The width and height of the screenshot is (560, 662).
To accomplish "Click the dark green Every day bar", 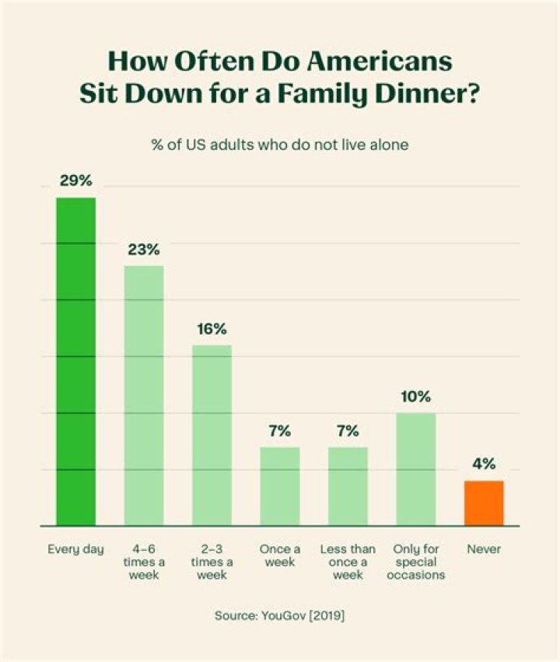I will click(75, 362).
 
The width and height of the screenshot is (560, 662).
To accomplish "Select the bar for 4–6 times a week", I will click(144, 395).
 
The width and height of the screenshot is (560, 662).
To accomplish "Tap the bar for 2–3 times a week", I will click(212, 435).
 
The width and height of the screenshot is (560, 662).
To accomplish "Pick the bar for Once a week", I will click(280, 486).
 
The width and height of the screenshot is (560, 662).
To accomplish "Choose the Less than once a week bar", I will click(348, 486).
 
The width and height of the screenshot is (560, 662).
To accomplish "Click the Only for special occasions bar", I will click(416, 469).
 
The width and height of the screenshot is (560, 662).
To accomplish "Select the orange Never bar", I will click(484, 503).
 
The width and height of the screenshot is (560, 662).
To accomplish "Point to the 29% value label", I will click(75, 181).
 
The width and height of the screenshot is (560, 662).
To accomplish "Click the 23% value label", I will click(144, 250).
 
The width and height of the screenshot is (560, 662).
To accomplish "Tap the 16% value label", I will click(212, 328).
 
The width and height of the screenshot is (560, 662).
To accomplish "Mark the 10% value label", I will click(416, 397).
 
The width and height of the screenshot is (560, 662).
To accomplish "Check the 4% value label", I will click(484, 464).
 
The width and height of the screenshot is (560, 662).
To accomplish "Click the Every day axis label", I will click(75, 550).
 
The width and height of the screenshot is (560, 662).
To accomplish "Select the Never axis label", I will click(484, 550).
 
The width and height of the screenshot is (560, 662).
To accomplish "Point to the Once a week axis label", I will click(280, 555).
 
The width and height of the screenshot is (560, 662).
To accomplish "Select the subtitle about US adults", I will click(280, 145).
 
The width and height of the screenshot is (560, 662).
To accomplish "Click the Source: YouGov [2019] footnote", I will click(280, 615).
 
